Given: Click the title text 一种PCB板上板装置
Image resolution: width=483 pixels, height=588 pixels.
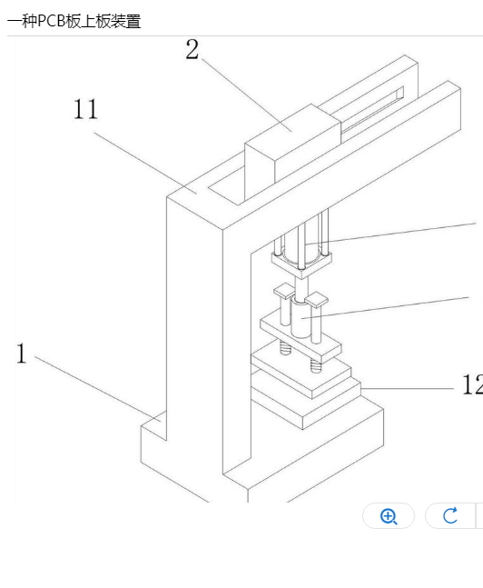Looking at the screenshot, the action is tap(74, 21).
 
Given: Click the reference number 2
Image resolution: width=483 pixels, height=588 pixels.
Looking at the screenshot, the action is tap(192, 49).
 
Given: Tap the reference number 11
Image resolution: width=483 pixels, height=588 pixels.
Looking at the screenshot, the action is tap(85, 109).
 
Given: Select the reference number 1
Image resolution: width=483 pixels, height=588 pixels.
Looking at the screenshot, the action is tap(22, 354).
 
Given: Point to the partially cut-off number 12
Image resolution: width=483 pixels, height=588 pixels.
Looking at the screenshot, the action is tap(472, 384).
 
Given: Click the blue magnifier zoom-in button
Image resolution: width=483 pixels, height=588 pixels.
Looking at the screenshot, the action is tap(389, 516).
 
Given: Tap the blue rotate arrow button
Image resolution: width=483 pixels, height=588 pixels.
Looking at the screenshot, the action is tap(450, 515).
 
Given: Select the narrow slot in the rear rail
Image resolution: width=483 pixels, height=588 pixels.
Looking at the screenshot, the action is tap(372, 110).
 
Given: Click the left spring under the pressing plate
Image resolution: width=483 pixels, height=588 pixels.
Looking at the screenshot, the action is tap(285, 347).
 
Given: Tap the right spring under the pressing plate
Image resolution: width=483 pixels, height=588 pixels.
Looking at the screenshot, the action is tap(316, 365).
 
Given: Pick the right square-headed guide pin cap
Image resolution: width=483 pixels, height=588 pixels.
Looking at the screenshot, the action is tap(317, 300).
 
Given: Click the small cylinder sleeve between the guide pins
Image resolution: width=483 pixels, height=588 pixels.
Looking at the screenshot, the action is tap(301, 318).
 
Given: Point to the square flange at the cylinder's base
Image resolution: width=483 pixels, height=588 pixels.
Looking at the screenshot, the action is tap(301, 264).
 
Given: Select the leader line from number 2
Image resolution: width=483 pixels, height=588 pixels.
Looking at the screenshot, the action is tap(247, 95).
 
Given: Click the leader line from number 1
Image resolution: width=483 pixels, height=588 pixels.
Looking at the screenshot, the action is tap(98, 388).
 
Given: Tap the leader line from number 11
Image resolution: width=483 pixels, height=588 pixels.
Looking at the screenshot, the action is tap(145, 163).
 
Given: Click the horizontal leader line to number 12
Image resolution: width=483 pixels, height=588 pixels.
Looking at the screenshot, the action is tap(408, 388).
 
